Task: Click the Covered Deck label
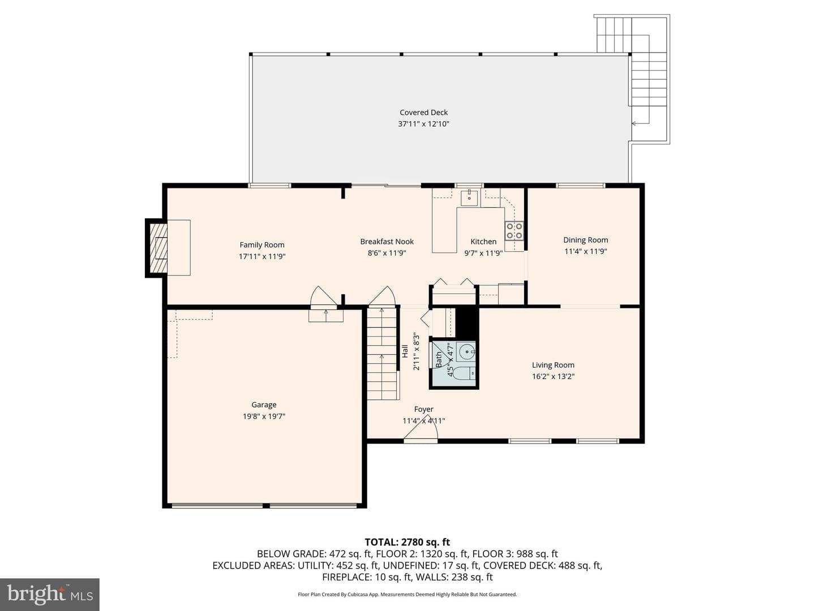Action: pos(423,113)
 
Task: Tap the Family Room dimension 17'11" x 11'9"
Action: pos(262,256)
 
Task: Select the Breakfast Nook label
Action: pos(387,242)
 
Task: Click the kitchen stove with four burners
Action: pos(514,230)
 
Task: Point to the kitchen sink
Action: pos(470,198)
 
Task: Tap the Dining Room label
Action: pos(586,240)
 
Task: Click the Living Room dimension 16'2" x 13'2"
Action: pos(553,377)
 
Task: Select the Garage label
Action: pos(264,405)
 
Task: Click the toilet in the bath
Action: pos(464,373)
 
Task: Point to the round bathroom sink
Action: pos(466,351)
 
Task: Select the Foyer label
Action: pos(424,409)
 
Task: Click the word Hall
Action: pos(405,351)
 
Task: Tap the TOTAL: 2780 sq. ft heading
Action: pos(407,543)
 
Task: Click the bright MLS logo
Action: pos(50,594)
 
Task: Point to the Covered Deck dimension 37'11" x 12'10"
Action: pos(423,124)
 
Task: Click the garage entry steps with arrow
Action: pos(326,315)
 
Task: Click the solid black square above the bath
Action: pos(467,322)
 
